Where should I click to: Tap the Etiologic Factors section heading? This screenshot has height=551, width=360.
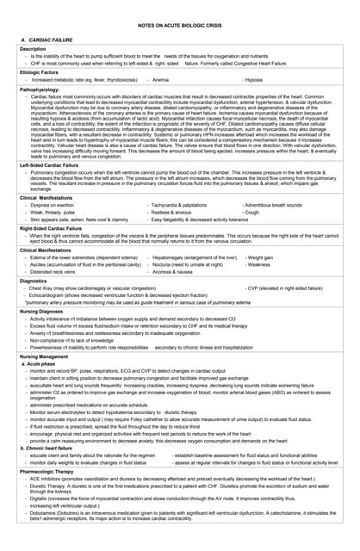(40, 74)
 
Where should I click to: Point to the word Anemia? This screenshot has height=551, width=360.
(160, 80)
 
